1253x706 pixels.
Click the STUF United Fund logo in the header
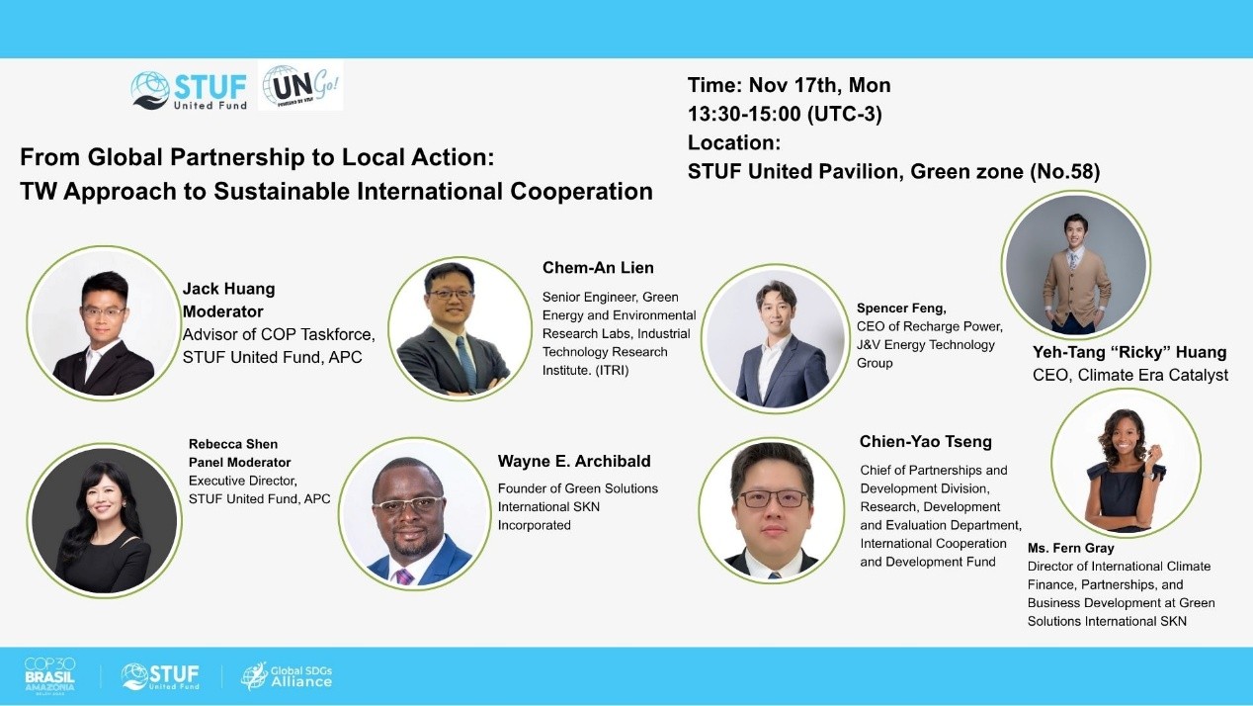click(189, 90)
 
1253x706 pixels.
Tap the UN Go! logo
click(300, 86)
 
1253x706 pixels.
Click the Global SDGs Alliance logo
click(287, 676)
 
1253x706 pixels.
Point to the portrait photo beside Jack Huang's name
click(103, 323)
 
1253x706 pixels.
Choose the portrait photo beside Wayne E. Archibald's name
click(414, 513)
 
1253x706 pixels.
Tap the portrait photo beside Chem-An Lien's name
click(459, 329)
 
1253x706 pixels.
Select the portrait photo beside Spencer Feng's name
click(775, 339)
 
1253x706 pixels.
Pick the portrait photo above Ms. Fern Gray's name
click(1126, 463)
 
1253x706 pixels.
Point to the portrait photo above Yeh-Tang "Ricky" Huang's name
click(1075, 264)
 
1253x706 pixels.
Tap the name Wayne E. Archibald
click(574, 461)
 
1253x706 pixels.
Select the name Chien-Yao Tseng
click(925, 441)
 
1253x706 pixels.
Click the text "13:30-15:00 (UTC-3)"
click(785, 114)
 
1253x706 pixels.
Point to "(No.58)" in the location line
click(1064, 171)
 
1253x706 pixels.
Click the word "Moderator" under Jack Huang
click(222, 311)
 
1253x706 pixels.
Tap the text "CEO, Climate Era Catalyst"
click(1130, 375)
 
